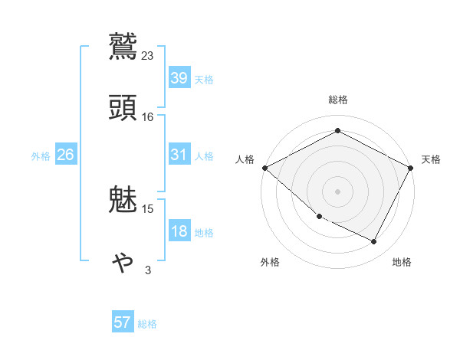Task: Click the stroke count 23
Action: coord(148,55)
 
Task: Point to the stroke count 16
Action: coord(148,116)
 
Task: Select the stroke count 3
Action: coord(148,270)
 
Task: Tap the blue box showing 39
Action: coord(179,77)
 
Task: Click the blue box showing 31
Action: coord(179,154)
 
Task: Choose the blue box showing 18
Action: coord(179,231)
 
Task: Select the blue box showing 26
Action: coord(65,155)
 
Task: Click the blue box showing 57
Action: coord(123,322)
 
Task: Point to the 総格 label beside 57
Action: coord(147,324)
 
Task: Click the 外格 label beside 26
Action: coord(41,156)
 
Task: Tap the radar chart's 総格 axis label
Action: coord(338,100)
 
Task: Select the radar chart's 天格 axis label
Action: coord(431,159)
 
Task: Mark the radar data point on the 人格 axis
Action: coord(264,168)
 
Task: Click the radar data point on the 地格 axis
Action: coord(374,242)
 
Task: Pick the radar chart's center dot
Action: coord(338,191)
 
